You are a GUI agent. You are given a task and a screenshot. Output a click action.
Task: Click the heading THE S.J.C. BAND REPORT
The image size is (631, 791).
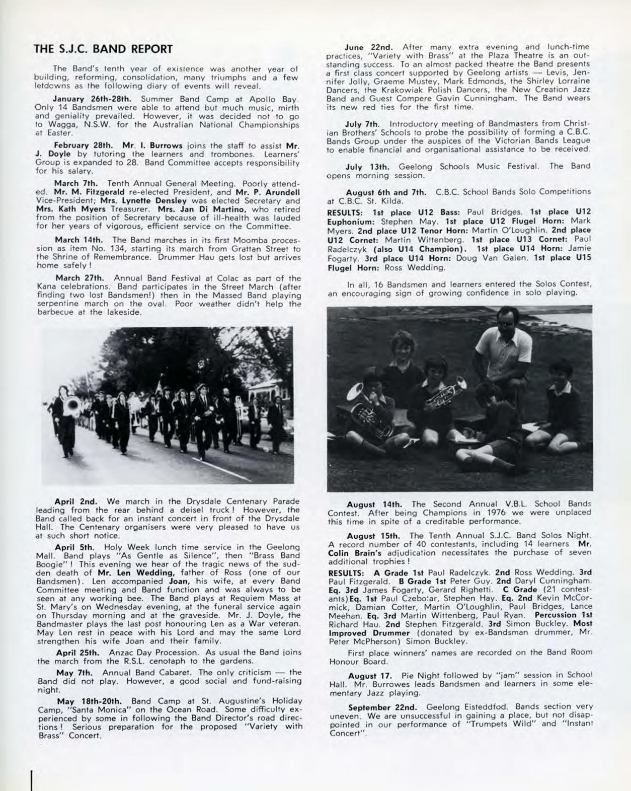pyautogui.click(x=103, y=49)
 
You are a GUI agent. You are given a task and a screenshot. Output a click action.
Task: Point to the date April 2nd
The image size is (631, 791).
pyautogui.click(x=75, y=501)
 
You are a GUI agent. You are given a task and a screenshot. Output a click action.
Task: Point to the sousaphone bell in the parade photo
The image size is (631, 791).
pyautogui.click(x=71, y=406)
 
